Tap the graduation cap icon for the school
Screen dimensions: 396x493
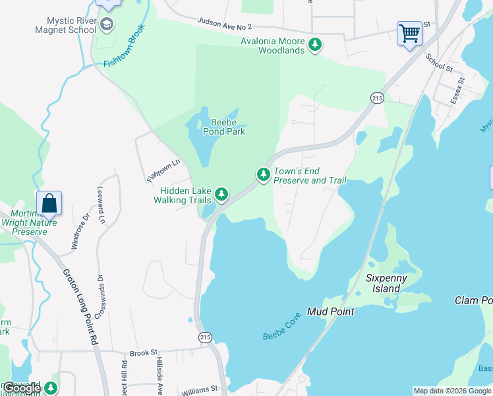coord(107,25)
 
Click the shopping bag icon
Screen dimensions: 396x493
coord(49,203)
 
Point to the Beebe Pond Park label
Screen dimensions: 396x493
coord(227,127)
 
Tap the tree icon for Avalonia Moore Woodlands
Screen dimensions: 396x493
coord(316,45)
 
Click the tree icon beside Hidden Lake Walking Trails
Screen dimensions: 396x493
coord(223,194)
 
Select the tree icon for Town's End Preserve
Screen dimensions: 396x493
coord(264,174)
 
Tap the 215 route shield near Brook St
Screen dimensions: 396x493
coord(205,337)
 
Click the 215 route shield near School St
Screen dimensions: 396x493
coord(376,98)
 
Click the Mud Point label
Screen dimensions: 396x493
coord(331,312)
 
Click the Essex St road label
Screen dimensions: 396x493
coord(457,90)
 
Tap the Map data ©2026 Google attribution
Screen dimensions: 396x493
coord(451,391)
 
